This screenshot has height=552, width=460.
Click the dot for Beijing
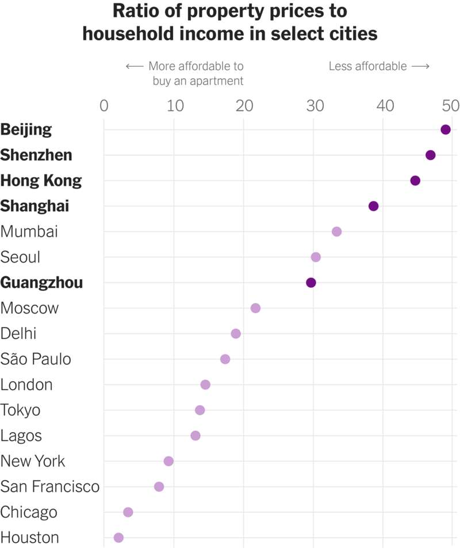coord(445,130)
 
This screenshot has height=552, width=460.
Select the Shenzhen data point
coord(430,155)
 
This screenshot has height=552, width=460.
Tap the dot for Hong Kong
coord(415,181)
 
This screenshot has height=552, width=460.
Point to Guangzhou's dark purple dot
coord(311,283)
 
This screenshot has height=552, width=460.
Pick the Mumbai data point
coord(336,231)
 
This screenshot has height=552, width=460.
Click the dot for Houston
coord(118,538)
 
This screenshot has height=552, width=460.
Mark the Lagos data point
coord(195,436)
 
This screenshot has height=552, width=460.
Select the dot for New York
coord(168,461)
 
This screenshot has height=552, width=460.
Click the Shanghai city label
coord(34,206)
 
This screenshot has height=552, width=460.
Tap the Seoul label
coord(21,257)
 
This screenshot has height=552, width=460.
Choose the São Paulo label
coord(36,359)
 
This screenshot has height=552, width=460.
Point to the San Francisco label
coord(50,486)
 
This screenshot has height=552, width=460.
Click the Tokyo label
coord(21,410)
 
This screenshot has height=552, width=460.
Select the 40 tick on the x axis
coord(385,106)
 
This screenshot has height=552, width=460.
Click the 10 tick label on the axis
coord(174,106)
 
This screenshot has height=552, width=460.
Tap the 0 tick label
coord(104,106)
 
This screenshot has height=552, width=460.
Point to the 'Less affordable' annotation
coord(367,66)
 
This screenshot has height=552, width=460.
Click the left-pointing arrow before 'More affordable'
coord(134,66)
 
